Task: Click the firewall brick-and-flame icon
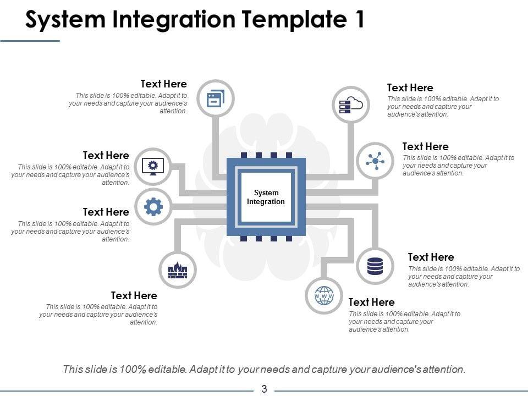[x=178, y=270]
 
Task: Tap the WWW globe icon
[x=324, y=296]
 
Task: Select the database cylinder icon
[x=375, y=266]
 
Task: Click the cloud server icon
[x=351, y=105]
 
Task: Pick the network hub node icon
[x=375, y=161]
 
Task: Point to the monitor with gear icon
[x=153, y=166]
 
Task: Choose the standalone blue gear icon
[x=153, y=206]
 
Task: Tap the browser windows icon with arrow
[x=216, y=98]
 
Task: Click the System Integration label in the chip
[x=266, y=197]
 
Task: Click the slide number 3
[x=264, y=389]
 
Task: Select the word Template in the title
[x=294, y=19]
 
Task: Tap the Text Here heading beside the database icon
[x=431, y=257]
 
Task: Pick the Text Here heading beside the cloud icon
[x=410, y=87]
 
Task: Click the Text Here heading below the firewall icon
[x=134, y=295]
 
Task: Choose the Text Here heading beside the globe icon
[x=371, y=302]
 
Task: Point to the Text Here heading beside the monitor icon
[x=106, y=155]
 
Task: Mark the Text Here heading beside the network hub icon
[x=425, y=146]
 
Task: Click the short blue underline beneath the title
[x=30, y=41]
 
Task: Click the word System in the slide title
[x=65, y=20]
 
